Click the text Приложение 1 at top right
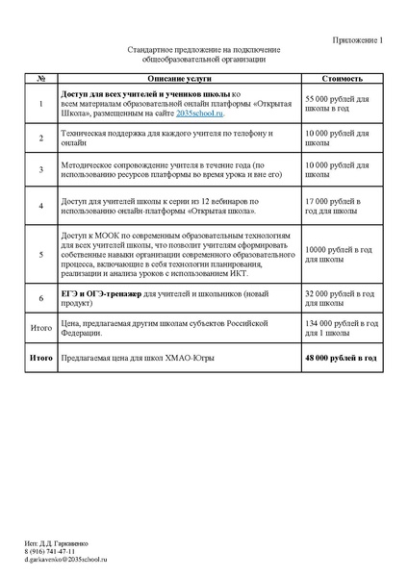point(357,39)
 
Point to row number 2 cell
point(40,138)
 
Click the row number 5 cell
point(40,255)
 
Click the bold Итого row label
point(40,358)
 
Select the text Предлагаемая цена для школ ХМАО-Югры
point(128,358)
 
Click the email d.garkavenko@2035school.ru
point(66,559)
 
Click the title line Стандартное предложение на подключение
point(203,49)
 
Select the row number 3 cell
point(40,170)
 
